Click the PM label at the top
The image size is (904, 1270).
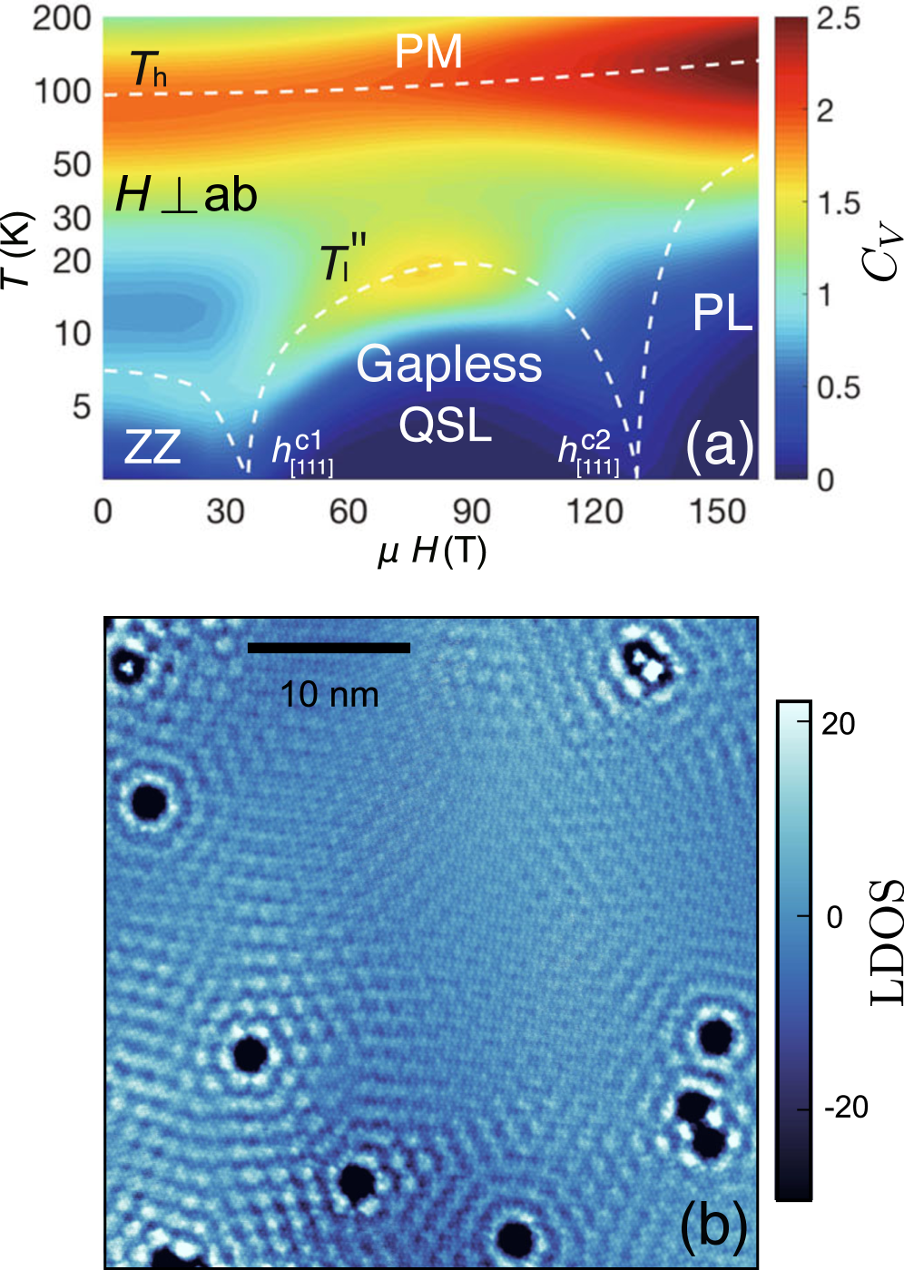pyautogui.click(x=428, y=52)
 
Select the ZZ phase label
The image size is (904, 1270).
pyautogui.click(x=152, y=447)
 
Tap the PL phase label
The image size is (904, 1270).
pyautogui.click(x=722, y=314)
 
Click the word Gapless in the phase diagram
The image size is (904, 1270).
pyautogui.click(x=449, y=365)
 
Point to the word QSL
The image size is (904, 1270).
pyautogui.click(x=445, y=424)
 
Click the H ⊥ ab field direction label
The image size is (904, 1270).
pyautogui.click(x=186, y=195)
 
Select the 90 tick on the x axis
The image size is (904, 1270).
pyautogui.click(x=471, y=512)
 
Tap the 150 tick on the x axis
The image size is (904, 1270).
pyautogui.click(x=717, y=512)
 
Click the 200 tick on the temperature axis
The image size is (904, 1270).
pyautogui.click(x=62, y=18)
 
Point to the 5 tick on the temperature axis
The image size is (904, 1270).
pyautogui.click(x=82, y=406)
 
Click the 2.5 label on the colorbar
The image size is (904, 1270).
pyautogui.click(x=837, y=19)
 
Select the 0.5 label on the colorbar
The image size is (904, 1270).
pyautogui.click(x=837, y=387)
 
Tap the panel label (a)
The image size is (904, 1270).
pyautogui.click(x=720, y=445)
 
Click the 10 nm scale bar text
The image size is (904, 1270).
pyautogui.click(x=329, y=695)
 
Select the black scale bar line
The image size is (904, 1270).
pyautogui.click(x=329, y=648)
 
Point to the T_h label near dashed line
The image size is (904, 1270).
pyautogui.click(x=148, y=70)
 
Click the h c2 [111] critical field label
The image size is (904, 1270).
pyautogui.click(x=588, y=452)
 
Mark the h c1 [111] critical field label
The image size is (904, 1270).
pyautogui.click(x=302, y=452)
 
